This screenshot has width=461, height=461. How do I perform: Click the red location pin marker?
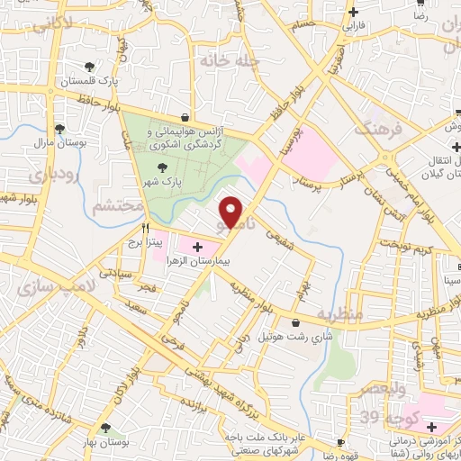pos(231,212)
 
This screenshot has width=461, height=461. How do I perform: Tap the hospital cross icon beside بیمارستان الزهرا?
pos(197,246)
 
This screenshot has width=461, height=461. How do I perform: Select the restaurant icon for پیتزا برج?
pos(133,228)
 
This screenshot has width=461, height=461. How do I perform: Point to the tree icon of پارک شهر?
pos(162,167)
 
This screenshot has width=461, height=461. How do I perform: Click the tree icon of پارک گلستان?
pos(89,67)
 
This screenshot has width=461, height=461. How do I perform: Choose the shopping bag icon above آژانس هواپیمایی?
pos(185,117)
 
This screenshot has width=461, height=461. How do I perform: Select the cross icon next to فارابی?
pos(354,12)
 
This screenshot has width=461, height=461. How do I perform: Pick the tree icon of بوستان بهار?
pos(106,428)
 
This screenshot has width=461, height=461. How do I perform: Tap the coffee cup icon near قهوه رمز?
pos(341,442)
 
